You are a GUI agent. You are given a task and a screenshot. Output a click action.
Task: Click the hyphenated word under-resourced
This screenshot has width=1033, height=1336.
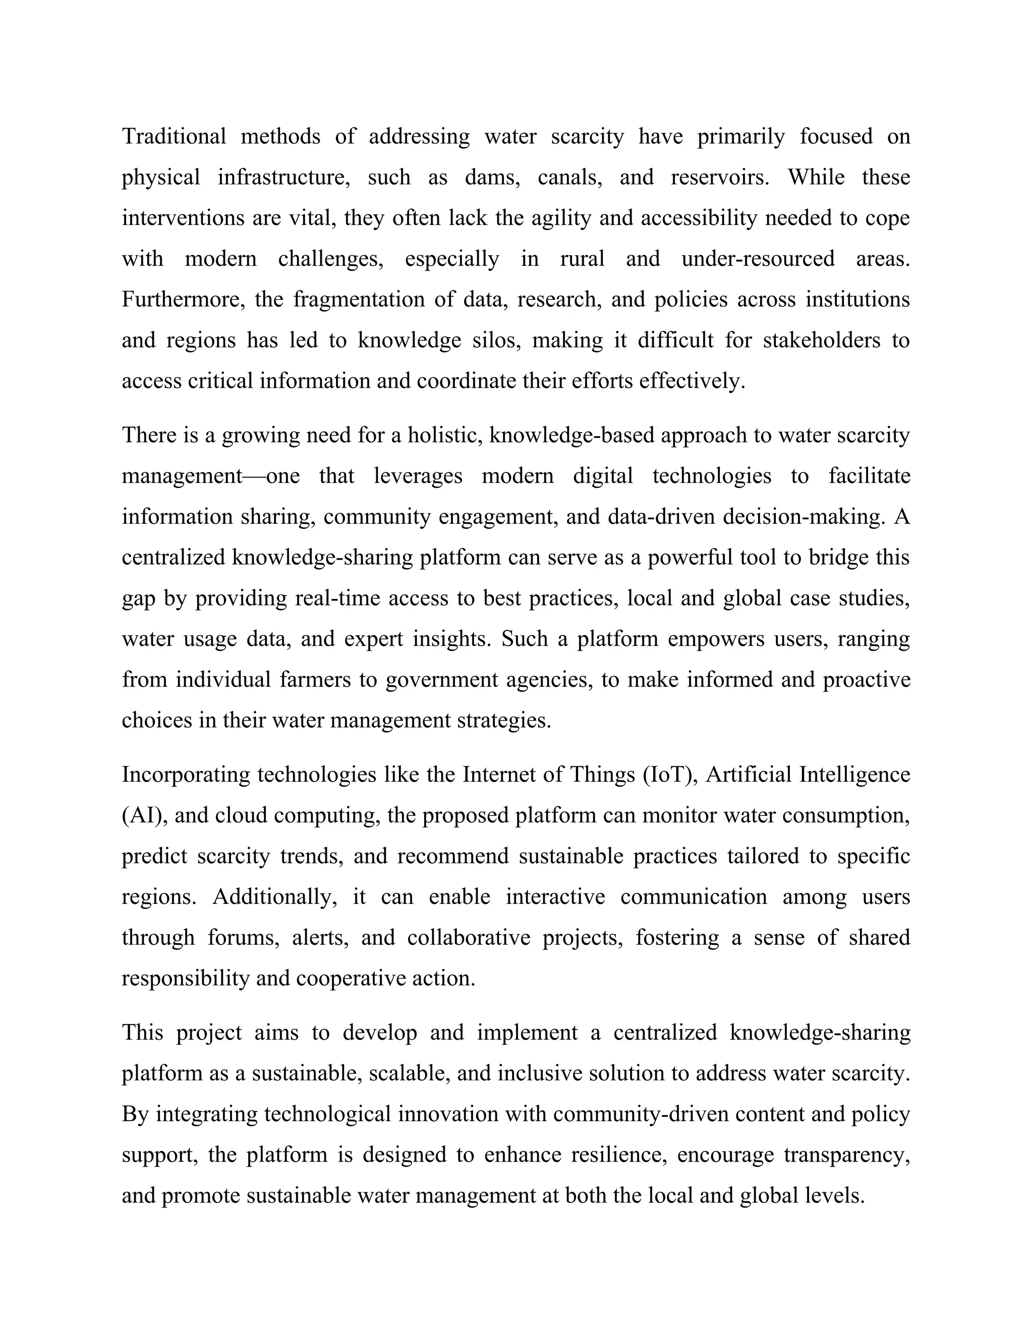pos(758,258)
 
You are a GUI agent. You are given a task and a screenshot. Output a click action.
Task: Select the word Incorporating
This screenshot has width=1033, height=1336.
pos(186,774)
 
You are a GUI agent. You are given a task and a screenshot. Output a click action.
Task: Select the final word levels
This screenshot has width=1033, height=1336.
pos(835,1195)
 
